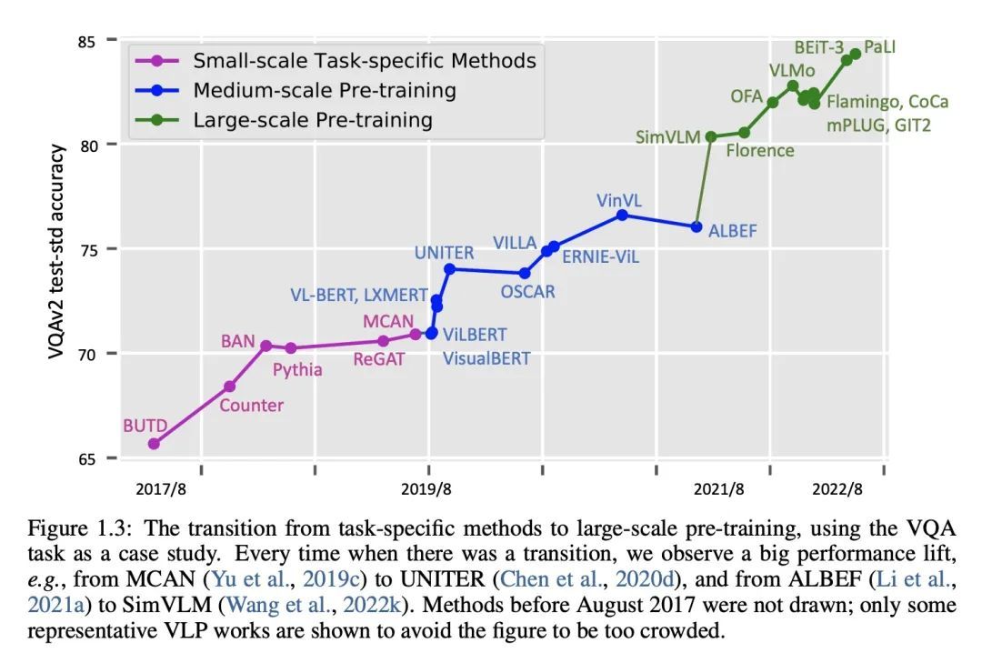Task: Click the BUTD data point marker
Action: tap(154, 444)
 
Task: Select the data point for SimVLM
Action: tap(711, 136)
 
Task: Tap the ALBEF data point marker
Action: tap(696, 226)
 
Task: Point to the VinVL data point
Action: tap(622, 215)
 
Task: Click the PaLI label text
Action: tap(879, 46)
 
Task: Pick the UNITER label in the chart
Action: tap(446, 254)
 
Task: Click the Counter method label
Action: tap(251, 405)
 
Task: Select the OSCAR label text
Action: tap(527, 292)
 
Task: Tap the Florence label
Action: tap(760, 150)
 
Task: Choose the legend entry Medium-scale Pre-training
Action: tap(324, 90)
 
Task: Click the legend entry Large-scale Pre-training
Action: tap(312, 119)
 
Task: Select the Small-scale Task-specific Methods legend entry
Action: tap(364, 61)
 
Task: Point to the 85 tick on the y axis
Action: tap(87, 40)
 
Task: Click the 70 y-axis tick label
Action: tap(87, 353)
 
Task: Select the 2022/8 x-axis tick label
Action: tap(837, 489)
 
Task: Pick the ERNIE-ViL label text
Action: tap(600, 256)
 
